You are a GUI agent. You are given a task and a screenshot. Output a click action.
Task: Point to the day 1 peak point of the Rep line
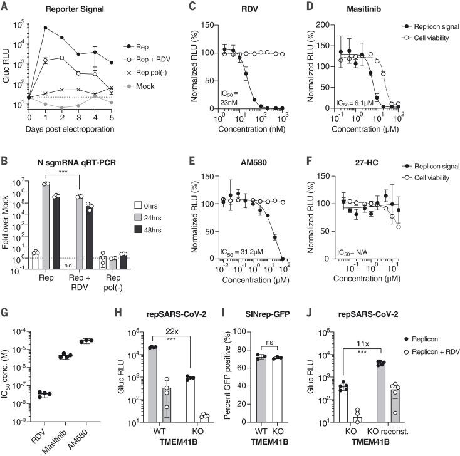pyautogui.click(x=46, y=28)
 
